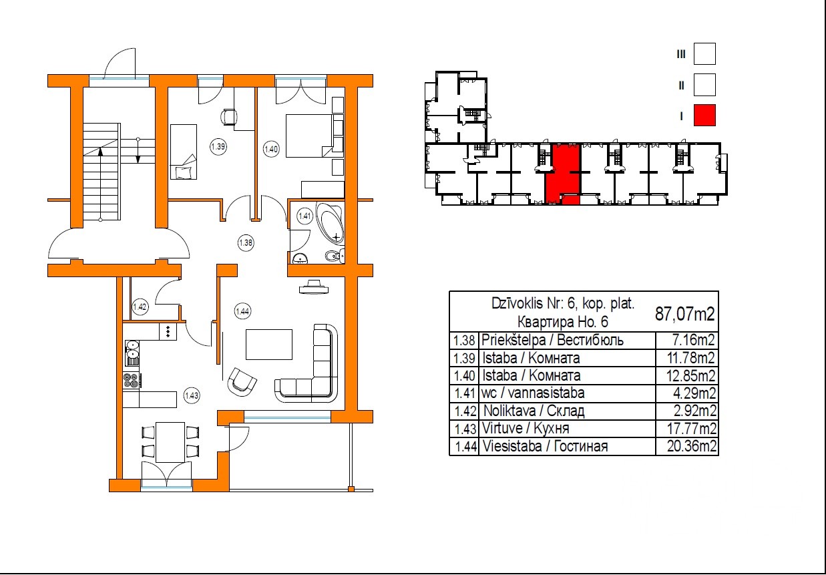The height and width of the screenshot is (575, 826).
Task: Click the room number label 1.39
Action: pyautogui.click(x=218, y=146)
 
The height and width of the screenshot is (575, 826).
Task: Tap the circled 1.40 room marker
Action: pyautogui.click(x=271, y=149)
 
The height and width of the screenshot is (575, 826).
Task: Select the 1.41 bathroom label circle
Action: pyautogui.click(x=304, y=216)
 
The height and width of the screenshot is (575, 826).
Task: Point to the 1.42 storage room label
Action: pyautogui.click(x=140, y=307)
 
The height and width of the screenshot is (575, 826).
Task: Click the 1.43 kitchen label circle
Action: pyautogui.click(x=192, y=396)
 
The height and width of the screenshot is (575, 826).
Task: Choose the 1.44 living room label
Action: pyautogui.click(x=242, y=311)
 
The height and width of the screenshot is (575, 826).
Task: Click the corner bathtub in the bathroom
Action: pyautogui.click(x=331, y=222)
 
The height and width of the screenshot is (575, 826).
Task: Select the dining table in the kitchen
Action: pyautogui.click(x=170, y=442)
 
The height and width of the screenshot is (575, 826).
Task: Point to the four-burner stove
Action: pyautogui.click(x=131, y=381)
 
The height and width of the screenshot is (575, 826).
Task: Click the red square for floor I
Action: pyautogui.click(x=704, y=116)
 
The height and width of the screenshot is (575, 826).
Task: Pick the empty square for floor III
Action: pyautogui.click(x=704, y=54)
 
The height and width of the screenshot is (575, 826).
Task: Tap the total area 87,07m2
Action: pyautogui.click(x=684, y=314)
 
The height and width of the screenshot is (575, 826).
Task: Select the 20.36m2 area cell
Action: pyautogui.click(x=691, y=446)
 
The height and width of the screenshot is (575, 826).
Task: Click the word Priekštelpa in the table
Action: pyautogui.click(x=513, y=340)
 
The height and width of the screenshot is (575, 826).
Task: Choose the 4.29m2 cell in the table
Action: pyautogui.click(x=694, y=393)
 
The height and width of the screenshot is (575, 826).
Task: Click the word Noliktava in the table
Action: pyautogui.click(x=509, y=411)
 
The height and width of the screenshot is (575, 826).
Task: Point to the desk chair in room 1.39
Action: pyautogui.click(x=228, y=117)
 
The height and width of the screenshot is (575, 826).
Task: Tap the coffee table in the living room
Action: pyautogui.click(x=269, y=345)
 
